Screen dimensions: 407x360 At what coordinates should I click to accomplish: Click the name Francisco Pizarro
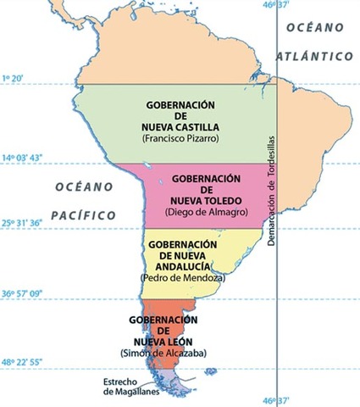click(179, 137)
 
